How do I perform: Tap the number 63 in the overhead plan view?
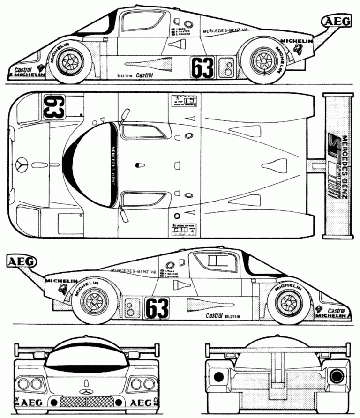[53, 107]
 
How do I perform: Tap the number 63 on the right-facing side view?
[157, 308]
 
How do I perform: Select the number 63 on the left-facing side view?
[202, 67]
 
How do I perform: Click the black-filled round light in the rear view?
[217, 375]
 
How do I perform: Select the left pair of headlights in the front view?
[31, 384]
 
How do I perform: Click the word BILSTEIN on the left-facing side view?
[123, 75]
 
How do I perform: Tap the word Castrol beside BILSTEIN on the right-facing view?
[215, 315]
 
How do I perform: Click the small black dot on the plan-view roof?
[138, 165]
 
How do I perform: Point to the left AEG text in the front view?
[31, 402]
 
